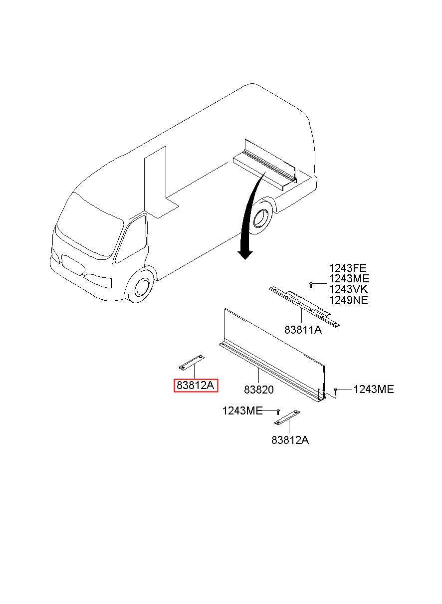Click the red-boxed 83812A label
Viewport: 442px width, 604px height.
tap(196, 385)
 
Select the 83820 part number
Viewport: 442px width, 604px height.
tap(258, 390)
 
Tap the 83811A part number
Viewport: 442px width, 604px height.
tap(302, 330)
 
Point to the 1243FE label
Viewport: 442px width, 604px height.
tap(347, 269)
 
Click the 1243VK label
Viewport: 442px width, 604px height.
tap(348, 289)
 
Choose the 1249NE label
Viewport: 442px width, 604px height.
tap(348, 300)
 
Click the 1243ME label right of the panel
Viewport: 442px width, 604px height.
tap(373, 390)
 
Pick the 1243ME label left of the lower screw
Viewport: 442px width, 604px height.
tap(242, 411)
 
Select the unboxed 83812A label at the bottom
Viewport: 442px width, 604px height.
tap(290, 440)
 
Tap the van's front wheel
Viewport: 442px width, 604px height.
tap(140, 287)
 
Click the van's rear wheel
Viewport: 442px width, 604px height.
tap(260, 218)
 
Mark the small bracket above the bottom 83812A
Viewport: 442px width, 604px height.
tap(287, 417)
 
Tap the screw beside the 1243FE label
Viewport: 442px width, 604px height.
tap(311, 284)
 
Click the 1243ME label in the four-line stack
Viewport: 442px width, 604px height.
tap(349, 279)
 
